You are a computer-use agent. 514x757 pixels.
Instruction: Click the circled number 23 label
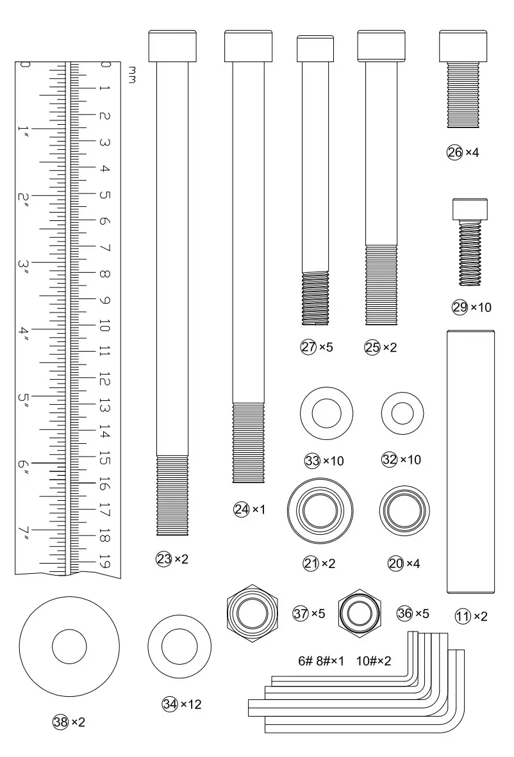pos(164,559)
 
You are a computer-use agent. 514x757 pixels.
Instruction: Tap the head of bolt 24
pos(248,46)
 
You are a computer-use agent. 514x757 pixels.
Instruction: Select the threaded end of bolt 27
pos(315,298)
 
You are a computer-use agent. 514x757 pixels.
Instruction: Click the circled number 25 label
pos(372,347)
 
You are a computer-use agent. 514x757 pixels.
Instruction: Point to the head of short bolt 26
pos(463,46)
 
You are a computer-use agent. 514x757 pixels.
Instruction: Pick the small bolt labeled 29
pos(470,241)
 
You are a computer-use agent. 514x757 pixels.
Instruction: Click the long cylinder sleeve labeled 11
pos(470,462)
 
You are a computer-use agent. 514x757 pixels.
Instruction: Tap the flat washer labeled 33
pos(327,413)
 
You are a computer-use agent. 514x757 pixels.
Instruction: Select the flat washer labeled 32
pos(402,414)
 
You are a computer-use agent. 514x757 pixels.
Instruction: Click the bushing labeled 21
pos(320,510)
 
